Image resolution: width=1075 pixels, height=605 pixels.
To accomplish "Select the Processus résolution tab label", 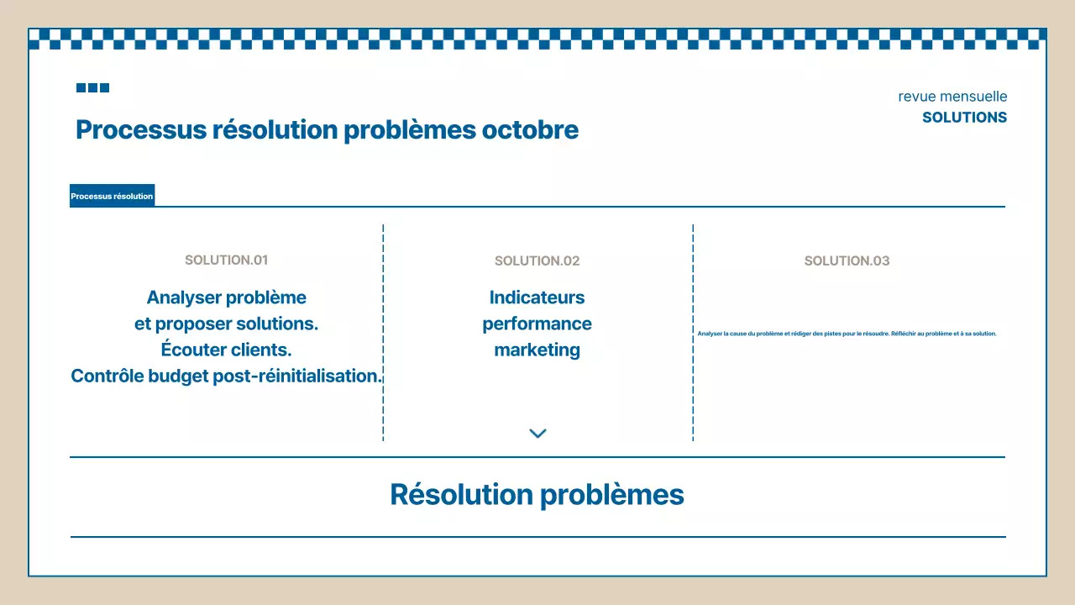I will pos(112,197).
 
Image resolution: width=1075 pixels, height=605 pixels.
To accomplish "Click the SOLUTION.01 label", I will pos(226,260).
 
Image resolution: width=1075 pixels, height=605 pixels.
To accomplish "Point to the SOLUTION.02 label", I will pos(537,261).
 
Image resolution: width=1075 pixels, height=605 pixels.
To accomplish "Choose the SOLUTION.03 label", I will pos(847,261).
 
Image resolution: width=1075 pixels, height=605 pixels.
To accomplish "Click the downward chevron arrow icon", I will pos(537,434).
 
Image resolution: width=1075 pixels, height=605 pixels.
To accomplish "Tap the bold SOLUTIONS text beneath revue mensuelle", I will pos(964,118).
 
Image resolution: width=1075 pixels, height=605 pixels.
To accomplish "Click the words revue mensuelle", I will pos(952,97).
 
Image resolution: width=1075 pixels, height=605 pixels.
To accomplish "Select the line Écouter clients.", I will pos(226,350).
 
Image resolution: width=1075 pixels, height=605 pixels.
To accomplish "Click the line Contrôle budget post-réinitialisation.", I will pos(226,376).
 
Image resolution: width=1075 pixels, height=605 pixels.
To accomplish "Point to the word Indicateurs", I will pos(537,297).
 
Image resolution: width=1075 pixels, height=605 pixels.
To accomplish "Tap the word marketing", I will pos(537,350).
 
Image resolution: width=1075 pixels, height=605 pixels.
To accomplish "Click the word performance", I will pos(537,324).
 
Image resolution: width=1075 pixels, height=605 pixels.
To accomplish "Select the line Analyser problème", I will pos(226,297).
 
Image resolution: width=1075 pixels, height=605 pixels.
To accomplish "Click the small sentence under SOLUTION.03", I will pos(847,334).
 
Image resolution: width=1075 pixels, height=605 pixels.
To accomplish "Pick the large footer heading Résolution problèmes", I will pos(537,494).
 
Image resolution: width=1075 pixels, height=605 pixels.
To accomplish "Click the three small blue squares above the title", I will pos(92,87).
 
